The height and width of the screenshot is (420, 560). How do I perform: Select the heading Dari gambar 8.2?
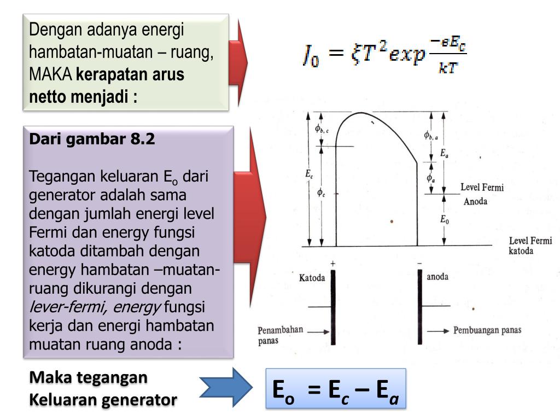click(x=92, y=139)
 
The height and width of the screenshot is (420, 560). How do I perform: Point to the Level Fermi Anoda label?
click(x=481, y=194)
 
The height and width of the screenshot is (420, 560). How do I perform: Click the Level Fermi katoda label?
click(x=530, y=246)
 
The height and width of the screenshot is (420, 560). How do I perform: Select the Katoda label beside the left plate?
click(x=312, y=278)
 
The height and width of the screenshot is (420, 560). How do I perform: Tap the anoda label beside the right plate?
click(x=437, y=277)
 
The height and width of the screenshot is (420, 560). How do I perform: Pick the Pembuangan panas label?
click(x=487, y=330)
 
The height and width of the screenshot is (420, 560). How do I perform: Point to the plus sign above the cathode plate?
click(x=332, y=264)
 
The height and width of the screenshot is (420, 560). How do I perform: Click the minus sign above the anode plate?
click(x=419, y=264)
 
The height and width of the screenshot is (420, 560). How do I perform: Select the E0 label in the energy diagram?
click(x=444, y=219)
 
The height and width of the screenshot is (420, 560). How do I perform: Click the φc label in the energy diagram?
click(x=321, y=192)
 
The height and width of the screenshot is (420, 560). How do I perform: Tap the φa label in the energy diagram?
click(x=431, y=178)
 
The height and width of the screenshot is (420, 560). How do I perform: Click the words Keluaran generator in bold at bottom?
click(x=103, y=400)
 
